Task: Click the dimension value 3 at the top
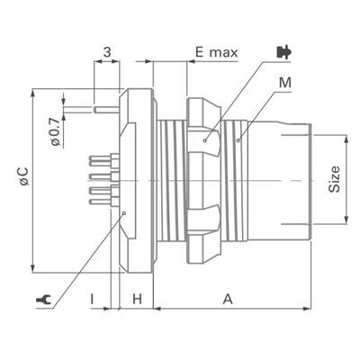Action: pyautogui.click(x=107, y=53)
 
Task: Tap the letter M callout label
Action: pyautogui.click(x=286, y=84)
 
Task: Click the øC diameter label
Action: pyautogui.click(x=21, y=176)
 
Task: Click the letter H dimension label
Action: pyautogui.click(x=138, y=297)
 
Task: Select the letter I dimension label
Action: pyautogui.click(x=92, y=297)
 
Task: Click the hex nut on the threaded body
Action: pyautogui.click(x=203, y=180)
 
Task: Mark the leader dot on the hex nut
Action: pyautogui.click(x=206, y=139)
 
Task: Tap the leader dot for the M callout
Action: pyautogui.click(x=238, y=139)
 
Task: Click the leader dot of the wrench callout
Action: pyautogui.click(x=123, y=213)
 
